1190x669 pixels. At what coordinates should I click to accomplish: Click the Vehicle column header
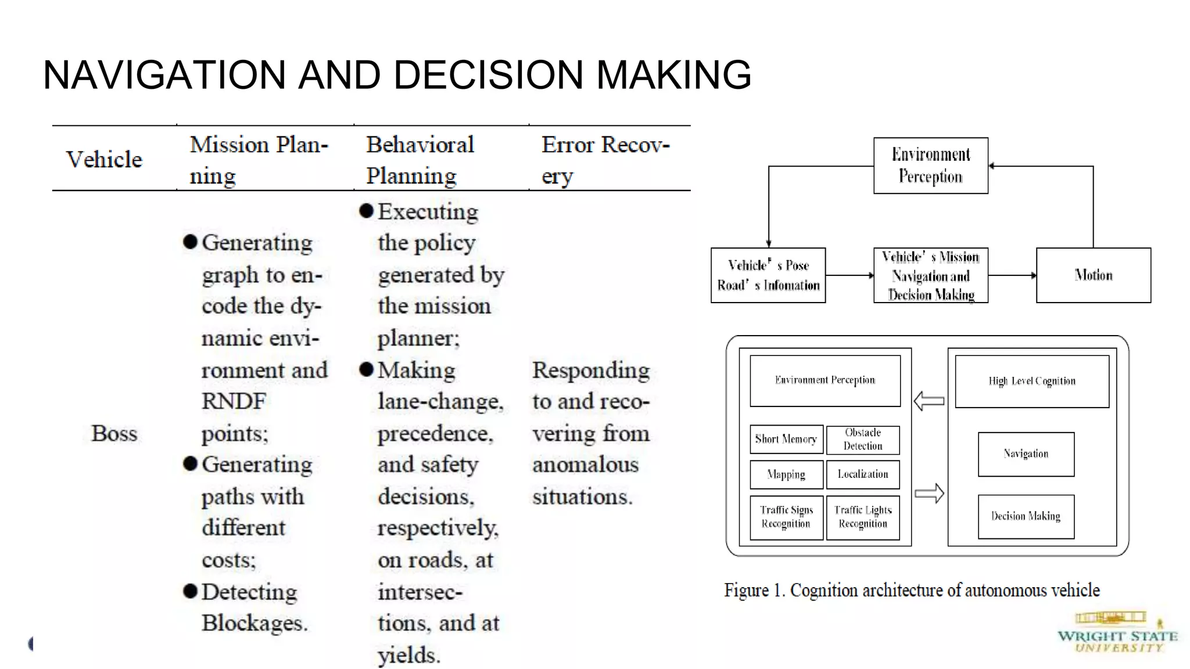(x=104, y=160)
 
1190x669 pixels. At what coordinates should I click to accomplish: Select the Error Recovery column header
(x=605, y=160)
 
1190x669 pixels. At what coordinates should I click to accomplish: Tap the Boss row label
(x=114, y=433)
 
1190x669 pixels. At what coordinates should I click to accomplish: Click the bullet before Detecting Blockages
(x=190, y=591)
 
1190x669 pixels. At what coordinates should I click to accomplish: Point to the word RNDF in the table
(x=234, y=401)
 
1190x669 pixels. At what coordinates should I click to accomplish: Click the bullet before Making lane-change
(x=366, y=369)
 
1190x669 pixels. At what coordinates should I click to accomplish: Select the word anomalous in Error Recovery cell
(x=585, y=465)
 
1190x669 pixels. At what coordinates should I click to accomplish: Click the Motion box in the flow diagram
(x=1093, y=275)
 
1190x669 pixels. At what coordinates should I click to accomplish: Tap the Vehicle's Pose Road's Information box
(x=768, y=275)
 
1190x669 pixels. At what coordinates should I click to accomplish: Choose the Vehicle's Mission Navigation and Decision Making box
(x=930, y=275)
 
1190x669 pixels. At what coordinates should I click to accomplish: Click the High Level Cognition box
(x=1031, y=381)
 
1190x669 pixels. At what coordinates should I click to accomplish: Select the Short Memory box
(x=786, y=439)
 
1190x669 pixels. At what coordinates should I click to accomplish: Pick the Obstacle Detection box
(x=863, y=440)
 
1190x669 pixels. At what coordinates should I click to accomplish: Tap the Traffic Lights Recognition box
(x=863, y=517)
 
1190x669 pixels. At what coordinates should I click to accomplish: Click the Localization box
(x=863, y=474)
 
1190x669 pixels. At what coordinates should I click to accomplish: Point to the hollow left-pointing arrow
(x=929, y=401)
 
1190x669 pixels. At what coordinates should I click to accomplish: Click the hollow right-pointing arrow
(x=929, y=494)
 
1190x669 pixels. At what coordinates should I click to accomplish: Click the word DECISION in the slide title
(x=496, y=75)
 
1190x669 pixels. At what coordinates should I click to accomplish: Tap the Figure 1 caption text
(x=911, y=590)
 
